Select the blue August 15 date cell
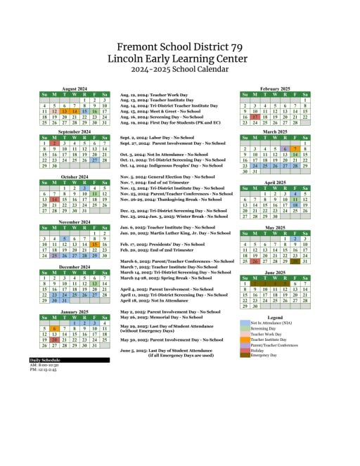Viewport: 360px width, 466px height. (x=84, y=111)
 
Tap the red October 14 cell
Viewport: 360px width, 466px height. (x=54, y=200)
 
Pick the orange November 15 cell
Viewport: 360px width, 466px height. (x=94, y=245)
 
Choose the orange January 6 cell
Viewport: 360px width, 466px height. (x=54, y=328)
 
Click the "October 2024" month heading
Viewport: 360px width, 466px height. (x=74, y=176)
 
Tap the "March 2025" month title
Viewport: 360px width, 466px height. (x=275, y=131)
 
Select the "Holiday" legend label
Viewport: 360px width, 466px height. (x=257, y=349)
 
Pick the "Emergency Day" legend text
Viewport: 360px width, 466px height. (x=264, y=355)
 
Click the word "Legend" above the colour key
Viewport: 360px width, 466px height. (x=275, y=317)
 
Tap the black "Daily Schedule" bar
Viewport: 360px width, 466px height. (x=69, y=360)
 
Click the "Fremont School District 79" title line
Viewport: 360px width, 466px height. (x=180, y=47)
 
